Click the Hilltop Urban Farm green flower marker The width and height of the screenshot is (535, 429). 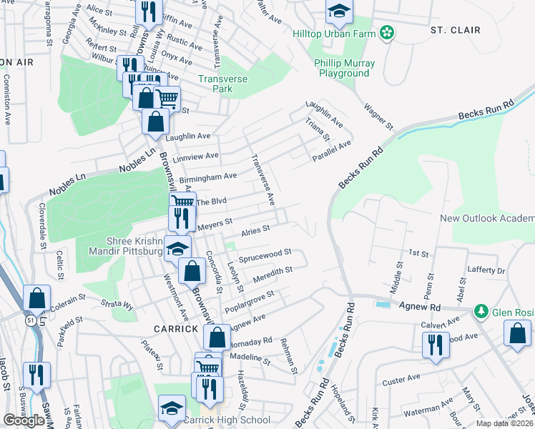coord(387,33)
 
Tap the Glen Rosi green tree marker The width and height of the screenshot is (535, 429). coord(481,312)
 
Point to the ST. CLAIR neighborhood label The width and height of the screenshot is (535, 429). coord(455,30)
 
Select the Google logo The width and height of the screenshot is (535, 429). coord(24,420)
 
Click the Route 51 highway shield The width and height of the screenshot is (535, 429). coord(29,322)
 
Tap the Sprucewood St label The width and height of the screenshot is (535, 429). coord(265,254)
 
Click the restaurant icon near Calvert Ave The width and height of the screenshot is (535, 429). coord(436,344)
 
